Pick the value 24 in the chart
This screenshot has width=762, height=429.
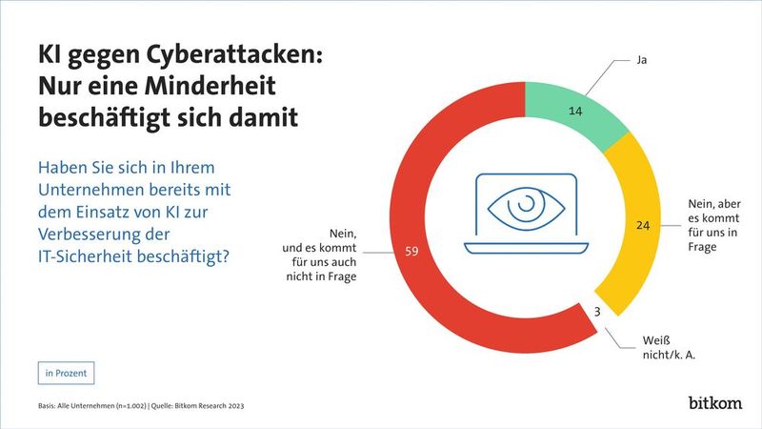[x=641, y=226]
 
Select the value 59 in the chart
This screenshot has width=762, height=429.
[x=411, y=253]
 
